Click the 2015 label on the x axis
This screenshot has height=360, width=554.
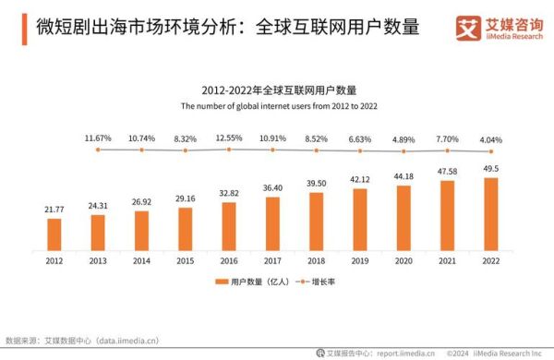(x=186, y=260)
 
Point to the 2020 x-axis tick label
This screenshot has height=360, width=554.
(x=403, y=260)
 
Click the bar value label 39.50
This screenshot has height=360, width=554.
(x=317, y=183)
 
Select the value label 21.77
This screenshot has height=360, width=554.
(x=54, y=210)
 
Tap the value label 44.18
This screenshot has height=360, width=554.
(x=403, y=176)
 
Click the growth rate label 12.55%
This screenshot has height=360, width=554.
(x=229, y=138)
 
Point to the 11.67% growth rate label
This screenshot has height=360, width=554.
(x=98, y=138)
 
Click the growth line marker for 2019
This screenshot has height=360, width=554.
(x=360, y=150)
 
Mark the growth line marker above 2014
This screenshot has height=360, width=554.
(x=141, y=150)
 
